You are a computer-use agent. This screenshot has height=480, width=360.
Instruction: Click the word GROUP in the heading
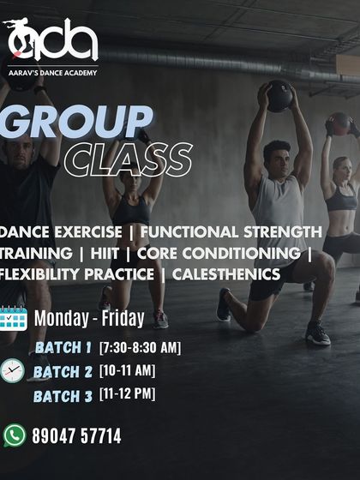point(77,123)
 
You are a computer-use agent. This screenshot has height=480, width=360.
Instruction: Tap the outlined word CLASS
point(128,159)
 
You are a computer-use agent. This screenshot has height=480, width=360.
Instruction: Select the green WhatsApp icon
point(15,435)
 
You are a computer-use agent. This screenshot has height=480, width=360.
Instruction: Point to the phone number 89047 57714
point(76,436)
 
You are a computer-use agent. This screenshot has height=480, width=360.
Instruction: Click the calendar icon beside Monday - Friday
point(14,318)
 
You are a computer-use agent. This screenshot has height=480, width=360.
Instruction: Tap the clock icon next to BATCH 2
point(13,370)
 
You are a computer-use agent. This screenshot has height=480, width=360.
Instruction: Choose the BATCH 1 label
point(63,347)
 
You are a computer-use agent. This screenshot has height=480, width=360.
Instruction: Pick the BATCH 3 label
point(63,396)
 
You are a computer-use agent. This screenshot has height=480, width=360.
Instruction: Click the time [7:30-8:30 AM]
point(140,347)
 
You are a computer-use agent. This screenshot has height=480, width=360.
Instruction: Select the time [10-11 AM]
point(127,371)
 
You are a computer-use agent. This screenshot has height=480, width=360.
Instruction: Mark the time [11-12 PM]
point(128,395)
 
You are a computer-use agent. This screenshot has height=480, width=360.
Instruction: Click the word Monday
point(61,318)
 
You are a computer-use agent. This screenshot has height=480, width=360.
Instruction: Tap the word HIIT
point(111,253)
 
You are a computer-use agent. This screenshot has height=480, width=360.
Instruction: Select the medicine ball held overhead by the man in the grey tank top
point(278,95)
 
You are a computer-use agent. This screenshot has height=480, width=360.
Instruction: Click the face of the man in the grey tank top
point(276,157)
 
